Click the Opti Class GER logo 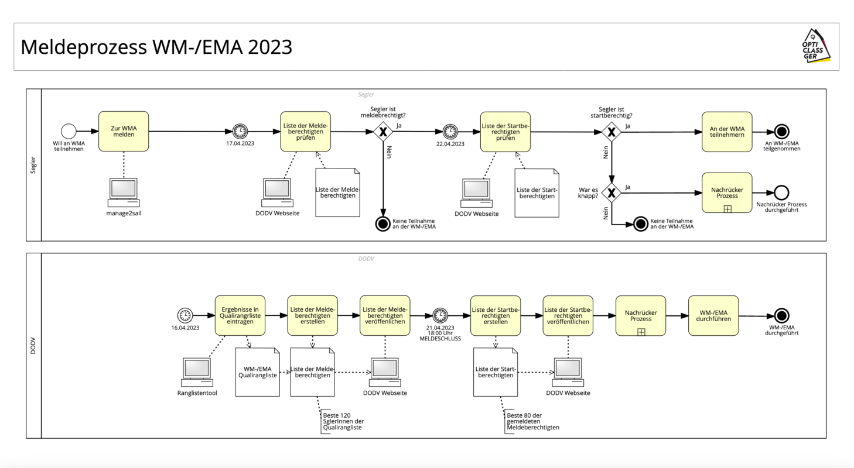point(815,47)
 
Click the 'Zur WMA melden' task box point(124,132)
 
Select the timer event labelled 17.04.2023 point(240,132)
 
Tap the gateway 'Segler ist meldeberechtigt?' point(383,132)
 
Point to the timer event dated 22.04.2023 point(450,132)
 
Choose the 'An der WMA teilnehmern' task point(727,132)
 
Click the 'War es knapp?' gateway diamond point(612,192)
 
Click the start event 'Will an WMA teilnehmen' point(69,132)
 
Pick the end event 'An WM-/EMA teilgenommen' point(781,132)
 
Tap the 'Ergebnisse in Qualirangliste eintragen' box point(240,315)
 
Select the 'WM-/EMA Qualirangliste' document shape point(257,372)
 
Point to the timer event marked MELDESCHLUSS point(440,315)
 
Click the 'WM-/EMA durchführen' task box point(713,315)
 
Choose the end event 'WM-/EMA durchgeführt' point(781,316)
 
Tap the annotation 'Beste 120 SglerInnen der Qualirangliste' point(343,421)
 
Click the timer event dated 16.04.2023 point(185,315)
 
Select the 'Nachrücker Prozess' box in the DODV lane point(641,315)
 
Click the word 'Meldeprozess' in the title point(83,47)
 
